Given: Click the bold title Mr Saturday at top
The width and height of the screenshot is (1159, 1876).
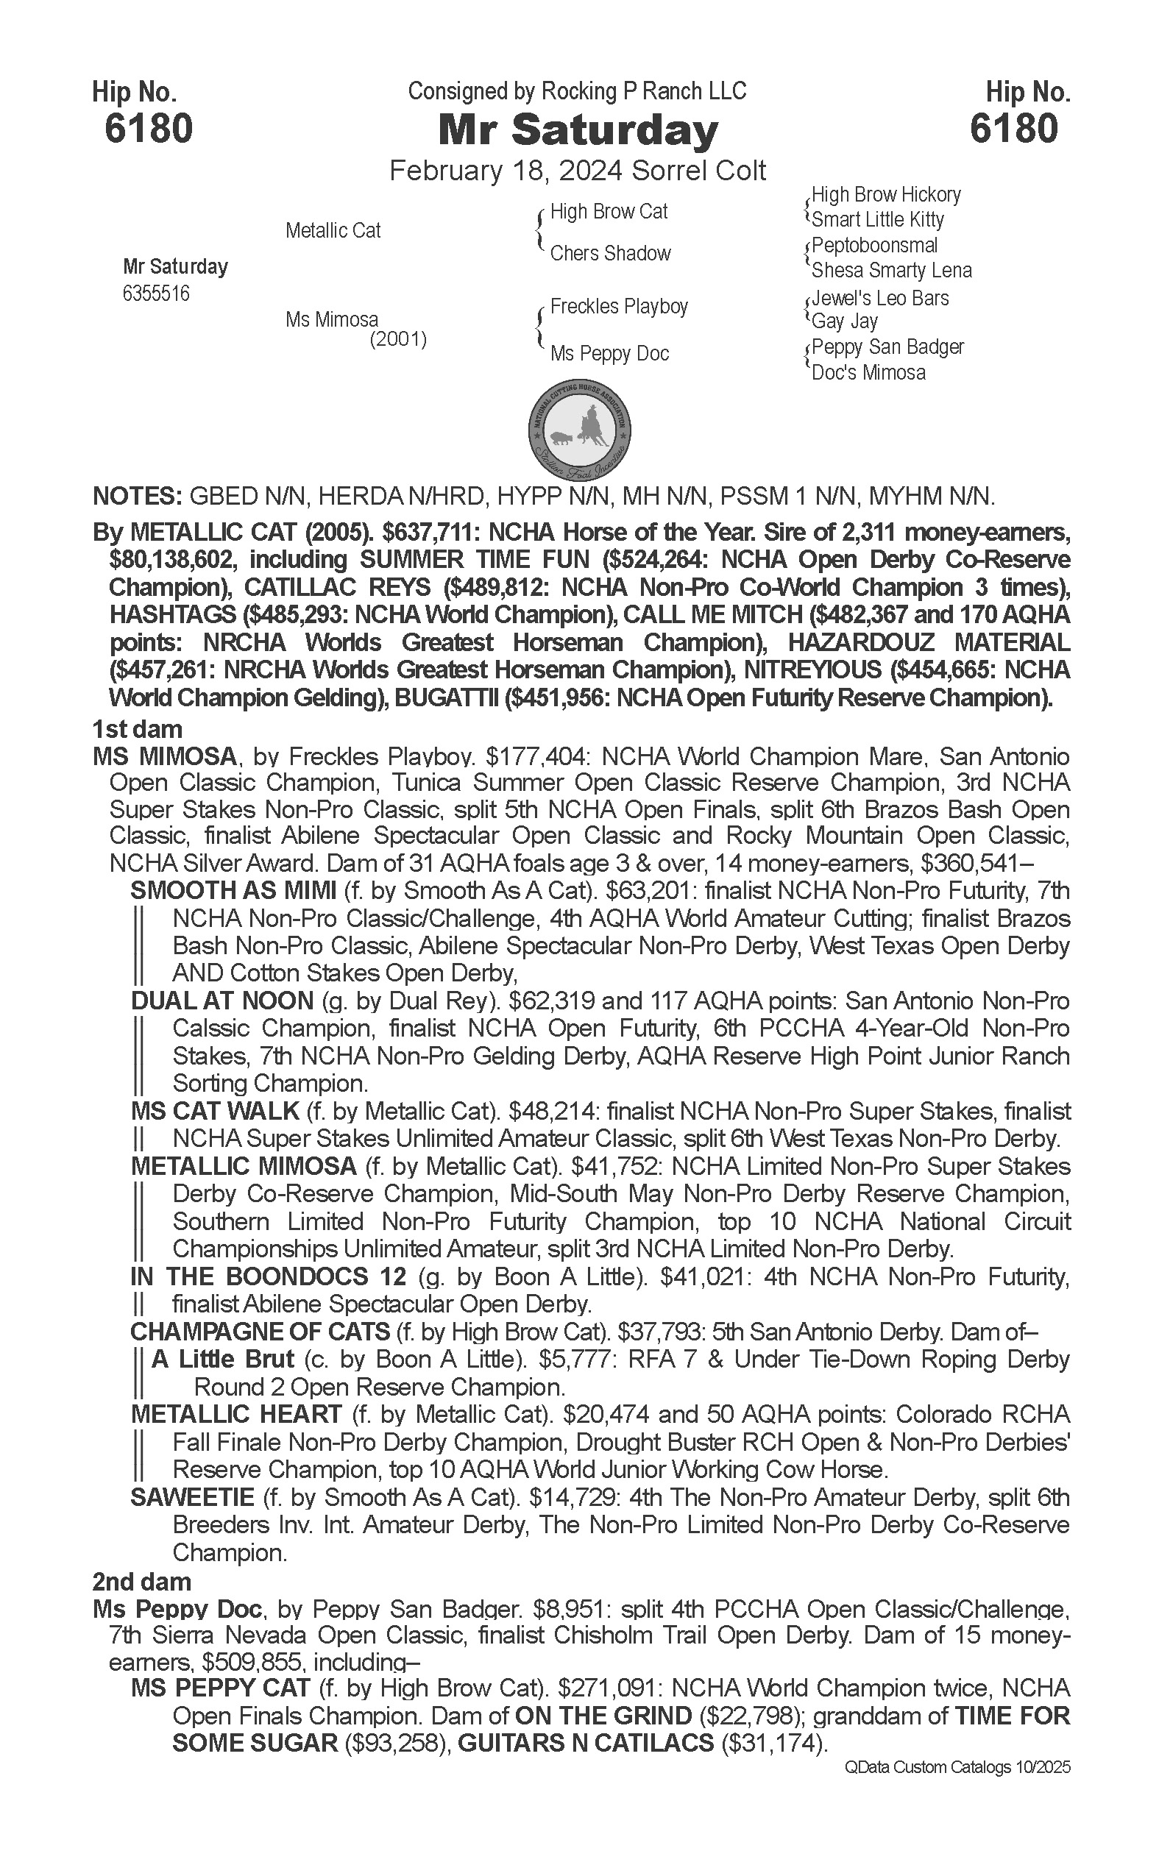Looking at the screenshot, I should click(x=578, y=130).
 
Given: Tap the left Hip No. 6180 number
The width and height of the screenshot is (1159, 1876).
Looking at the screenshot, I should click(x=149, y=128).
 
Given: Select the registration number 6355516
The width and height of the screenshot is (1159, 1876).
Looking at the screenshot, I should click(x=155, y=294).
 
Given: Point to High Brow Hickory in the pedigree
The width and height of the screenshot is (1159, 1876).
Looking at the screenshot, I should click(x=886, y=195).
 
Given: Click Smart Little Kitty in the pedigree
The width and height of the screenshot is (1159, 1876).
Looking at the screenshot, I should click(x=878, y=220).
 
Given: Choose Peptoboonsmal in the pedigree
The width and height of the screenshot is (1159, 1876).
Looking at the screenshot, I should click(x=875, y=246).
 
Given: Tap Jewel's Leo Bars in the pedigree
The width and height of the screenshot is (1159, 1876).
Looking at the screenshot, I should click(x=880, y=298).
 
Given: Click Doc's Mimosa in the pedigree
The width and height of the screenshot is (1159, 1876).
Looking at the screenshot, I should click(x=868, y=373).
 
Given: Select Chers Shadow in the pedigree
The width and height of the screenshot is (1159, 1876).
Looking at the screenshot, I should click(x=610, y=254).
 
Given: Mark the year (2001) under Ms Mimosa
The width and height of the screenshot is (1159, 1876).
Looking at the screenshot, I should click(x=398, y=338).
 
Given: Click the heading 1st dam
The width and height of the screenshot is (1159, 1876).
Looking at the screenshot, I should click(x=137, y=729).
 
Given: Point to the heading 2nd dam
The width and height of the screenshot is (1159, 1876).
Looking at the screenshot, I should click(x=142, y=1582).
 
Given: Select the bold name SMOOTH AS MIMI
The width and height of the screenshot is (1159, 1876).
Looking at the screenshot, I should click(x=233, y=890).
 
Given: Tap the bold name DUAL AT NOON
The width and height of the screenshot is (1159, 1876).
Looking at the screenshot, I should click(x=222, y=1001).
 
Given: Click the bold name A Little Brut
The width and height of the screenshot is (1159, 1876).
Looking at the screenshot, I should click(x=223, y=1360).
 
